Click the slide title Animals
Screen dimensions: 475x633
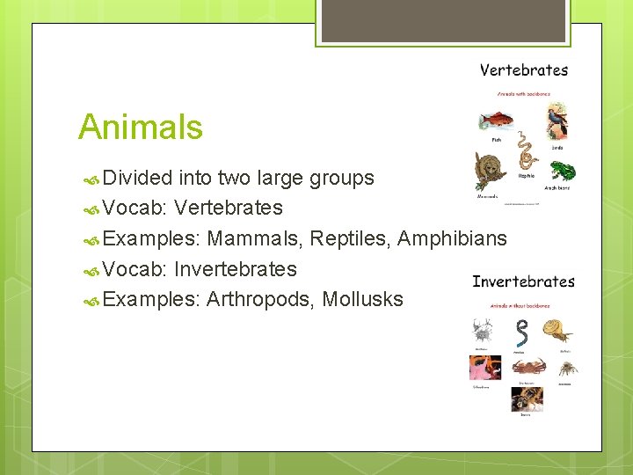pyautogui.click(x=141, y=127)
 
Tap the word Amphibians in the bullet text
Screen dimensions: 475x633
pyautogui.click(x=452, y=238)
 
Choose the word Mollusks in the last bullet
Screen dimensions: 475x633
pyautogui.click(x=362, y=299)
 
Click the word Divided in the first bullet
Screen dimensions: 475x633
pyautogui.click(x=137, y=178)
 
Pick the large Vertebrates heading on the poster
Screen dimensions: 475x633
pyautogui.click(x=524, y=70)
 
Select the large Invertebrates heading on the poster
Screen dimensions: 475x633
pyautogui.click(x=523, y=281)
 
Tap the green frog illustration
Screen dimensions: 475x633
pyautogui.click(x=561, y=170)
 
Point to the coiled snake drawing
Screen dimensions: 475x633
pyautogui.click(x=526, y=151)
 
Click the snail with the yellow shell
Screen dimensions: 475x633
pyautogui.click(x=557, y=331)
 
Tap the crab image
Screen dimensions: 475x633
pyautogui.click(x=527, y=365)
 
